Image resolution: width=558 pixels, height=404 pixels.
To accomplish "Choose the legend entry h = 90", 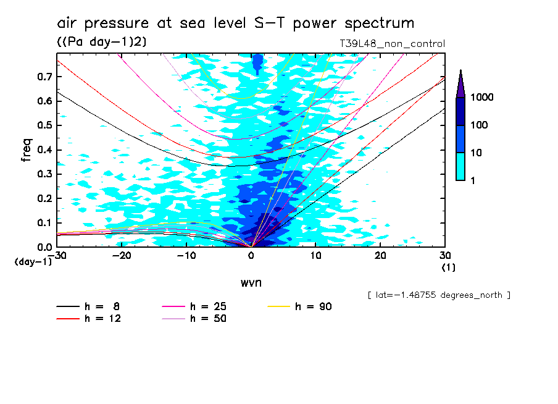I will [x=302, y=306].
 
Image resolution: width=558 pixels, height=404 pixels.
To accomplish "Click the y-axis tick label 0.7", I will [x=43, y=76].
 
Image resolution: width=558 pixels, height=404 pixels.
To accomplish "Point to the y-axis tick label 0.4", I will [x=43, y=149].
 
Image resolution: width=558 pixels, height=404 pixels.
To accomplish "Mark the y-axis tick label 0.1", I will [x=43, y=222].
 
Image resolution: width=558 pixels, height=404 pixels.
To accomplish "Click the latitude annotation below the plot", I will [x=438, y=295].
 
